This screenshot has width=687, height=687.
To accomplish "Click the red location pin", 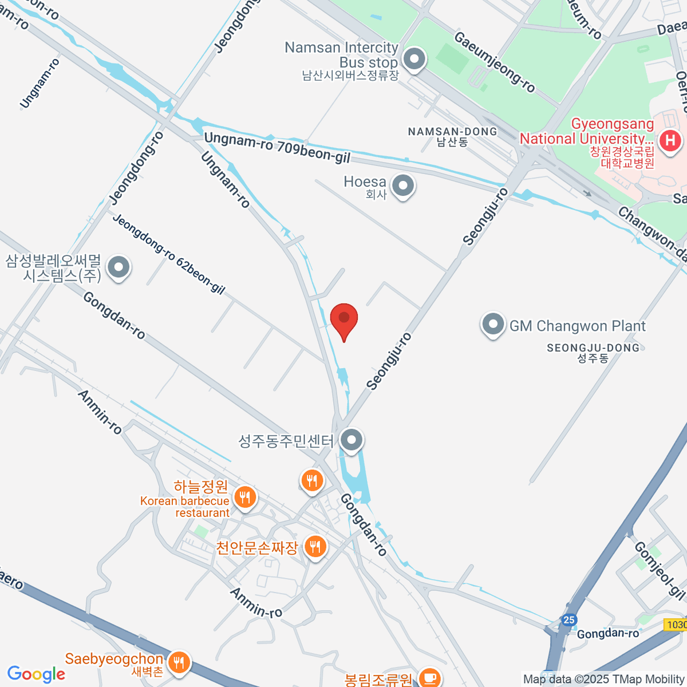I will pyautogui.click(x=344, y=319).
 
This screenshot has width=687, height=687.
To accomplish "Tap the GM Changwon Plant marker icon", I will pyautogui.click(x=493, y=325).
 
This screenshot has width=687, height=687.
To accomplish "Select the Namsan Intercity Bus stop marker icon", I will pyautogui.click(x=414, y=59).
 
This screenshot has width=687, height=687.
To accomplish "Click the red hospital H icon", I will pyautogui.click(x=670, y=140).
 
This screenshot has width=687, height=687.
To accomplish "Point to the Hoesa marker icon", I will pyautogui.click(x=404, y=185).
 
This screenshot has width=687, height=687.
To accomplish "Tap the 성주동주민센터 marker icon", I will pyautogui.click(x=352, y=441).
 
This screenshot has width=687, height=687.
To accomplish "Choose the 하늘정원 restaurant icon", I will pyautogui.click(x=246, y=497).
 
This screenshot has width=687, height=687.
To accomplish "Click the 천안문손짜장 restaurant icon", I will pyautogui.click(x=315, y=547).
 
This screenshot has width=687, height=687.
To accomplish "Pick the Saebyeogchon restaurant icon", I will pyautogui.click(x=180, y=662).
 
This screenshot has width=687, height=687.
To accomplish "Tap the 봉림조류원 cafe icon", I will pyautogui.click(x=429, y=678).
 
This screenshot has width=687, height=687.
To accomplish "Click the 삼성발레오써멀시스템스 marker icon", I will pyautogui.click(x=119, y=267).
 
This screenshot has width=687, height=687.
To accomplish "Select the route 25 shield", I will pyautogui.click(x=568, y=620).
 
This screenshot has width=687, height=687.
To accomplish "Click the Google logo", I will pyautogui.click(x=36, y=674).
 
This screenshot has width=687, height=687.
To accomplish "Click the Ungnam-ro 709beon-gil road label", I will pyautogui.click(x=277, y=146).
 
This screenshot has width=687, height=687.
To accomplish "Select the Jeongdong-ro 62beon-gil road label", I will pyautogui.click(x=169, y=254).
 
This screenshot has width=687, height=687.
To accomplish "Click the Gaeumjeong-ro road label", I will pyautogui.click(x=495, y=62).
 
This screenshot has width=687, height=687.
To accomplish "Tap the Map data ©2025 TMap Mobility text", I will pyautogui.click(x=603, y=680).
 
